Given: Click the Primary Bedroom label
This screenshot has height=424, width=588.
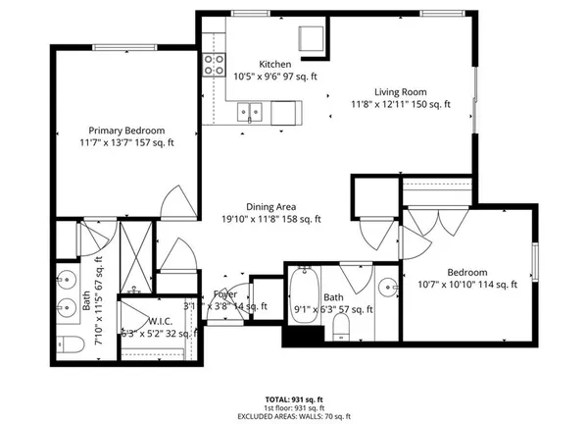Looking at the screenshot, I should tap(126, 131).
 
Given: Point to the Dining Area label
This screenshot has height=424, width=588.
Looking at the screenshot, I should tap(271, 207).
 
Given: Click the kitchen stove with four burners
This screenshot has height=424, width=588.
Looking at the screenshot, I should tap(214, 65).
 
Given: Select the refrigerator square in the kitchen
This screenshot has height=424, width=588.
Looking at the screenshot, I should tap(313, 38).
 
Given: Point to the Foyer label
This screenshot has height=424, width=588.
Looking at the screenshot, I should tap(225, 293).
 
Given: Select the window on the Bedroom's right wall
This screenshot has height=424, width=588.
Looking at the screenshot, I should tap(536, 264).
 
